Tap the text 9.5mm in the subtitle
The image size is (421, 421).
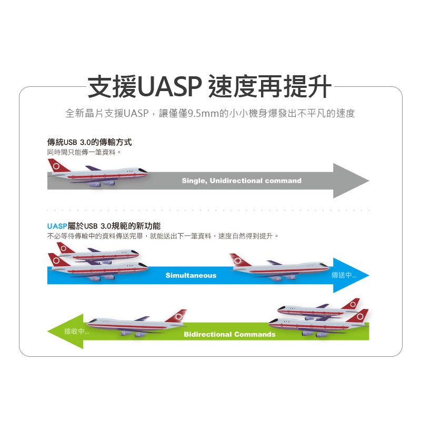pos(202,113)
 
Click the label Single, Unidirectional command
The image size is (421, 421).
pos(242,181)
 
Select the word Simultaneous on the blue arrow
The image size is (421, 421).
pos(191,275)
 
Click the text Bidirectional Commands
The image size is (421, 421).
pos(229,334)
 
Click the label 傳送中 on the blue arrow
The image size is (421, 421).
pos(344,275)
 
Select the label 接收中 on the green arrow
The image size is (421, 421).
pos(76,331)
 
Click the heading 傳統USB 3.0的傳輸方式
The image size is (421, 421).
pos(89,142)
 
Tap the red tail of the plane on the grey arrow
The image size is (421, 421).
pos(57,166)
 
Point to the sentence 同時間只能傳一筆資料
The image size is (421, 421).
pos(84,152)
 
